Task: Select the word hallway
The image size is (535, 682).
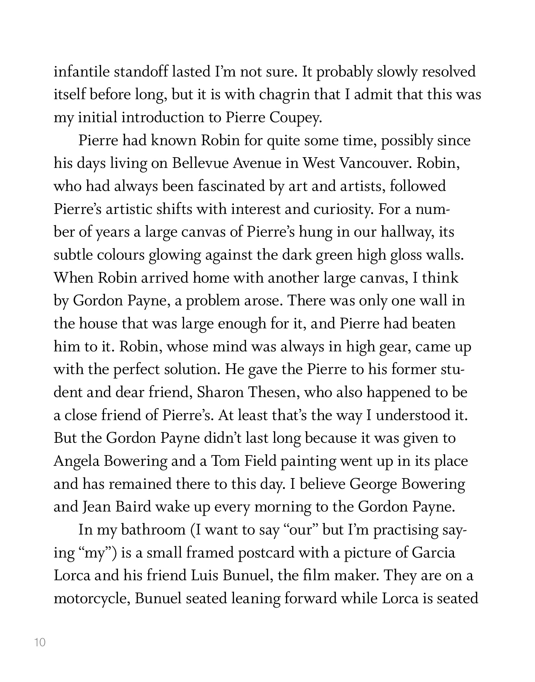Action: (x=408, y=232)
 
